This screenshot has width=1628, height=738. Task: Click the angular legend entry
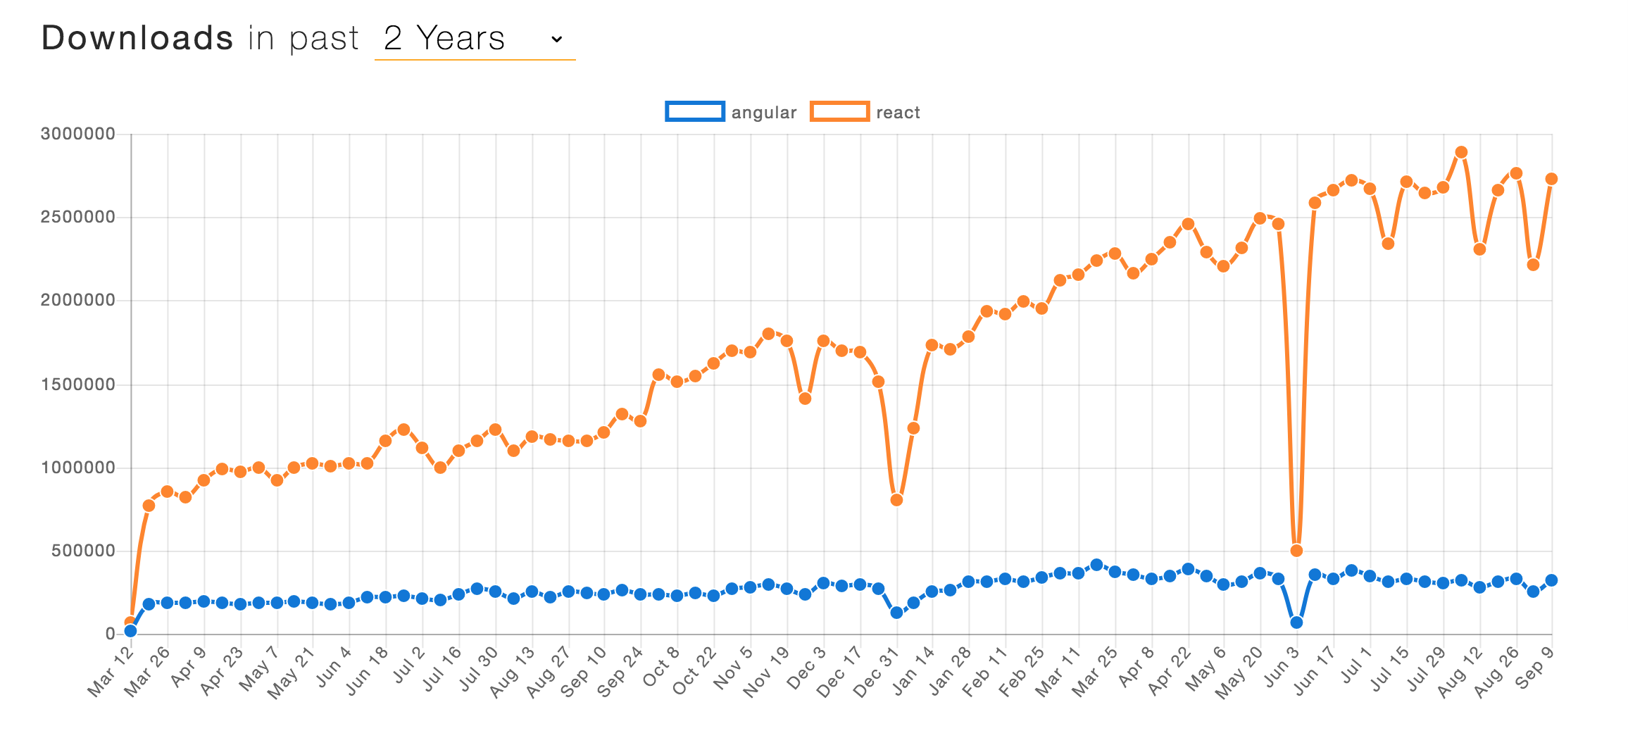pos(731,112)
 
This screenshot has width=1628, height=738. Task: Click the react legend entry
pos(865,112)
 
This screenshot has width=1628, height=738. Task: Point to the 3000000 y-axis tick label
pos(78,134)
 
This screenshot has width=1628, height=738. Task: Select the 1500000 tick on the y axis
pos(78,384)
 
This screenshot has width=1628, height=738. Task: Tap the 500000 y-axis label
pos(84,551)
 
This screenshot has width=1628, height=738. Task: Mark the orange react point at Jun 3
pos(1296,551)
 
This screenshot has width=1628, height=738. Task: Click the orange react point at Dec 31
pos(896,500)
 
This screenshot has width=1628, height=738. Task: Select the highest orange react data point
pos(1461,152)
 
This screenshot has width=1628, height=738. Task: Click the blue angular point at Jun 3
pos(1296,623)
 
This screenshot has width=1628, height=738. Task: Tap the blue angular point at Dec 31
pos(896,613)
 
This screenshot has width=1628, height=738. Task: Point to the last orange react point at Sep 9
pos(1551,179)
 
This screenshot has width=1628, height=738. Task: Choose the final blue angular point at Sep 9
pos(1551,580)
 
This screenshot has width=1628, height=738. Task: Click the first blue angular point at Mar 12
pos(130,631)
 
